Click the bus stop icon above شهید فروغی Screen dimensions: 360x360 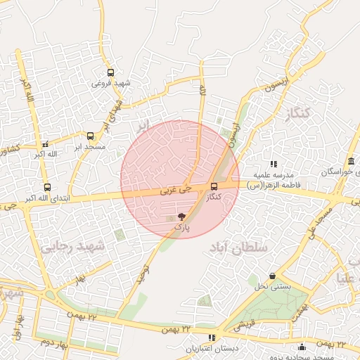pyautogui.click(x=110, y=72)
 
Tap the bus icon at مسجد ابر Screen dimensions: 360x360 pyautogui.click(x=90, y=136)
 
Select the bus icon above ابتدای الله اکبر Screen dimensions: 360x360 pyautogui.click(x=47, y=187)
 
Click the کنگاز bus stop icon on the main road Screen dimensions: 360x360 pyautogui.click(x=214, y=186)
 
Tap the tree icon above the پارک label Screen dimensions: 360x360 pyautogui.click(x=182, y=217)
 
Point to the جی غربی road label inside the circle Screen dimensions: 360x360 pyautogui.click(x=176, y=189)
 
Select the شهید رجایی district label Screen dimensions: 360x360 pyautogui.click(x=73, y=246)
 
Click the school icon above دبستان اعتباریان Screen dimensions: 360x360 pyautogui.click(x=212, y=337)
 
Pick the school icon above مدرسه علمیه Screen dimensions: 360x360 pyautogui.click(x=274, y=164)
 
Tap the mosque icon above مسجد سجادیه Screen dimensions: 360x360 pyautogui.click(x=302, y=347)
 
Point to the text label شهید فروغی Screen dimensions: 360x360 pyautogui.click(x=110, y=83)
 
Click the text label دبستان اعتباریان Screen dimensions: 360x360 pyautogui.click(x=212, y=349)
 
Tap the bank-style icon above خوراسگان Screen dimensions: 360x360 pyautogui.click(x=351, y=161)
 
